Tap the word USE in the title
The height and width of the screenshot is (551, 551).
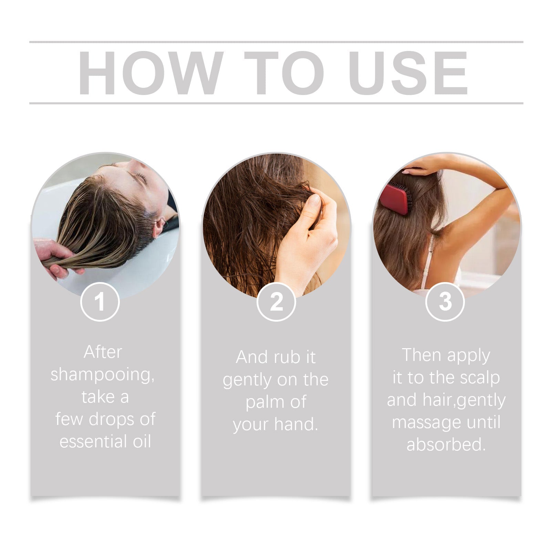point(410,73)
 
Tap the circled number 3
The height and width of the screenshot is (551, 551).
point(445,301)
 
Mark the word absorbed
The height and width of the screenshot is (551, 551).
point(446,444)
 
